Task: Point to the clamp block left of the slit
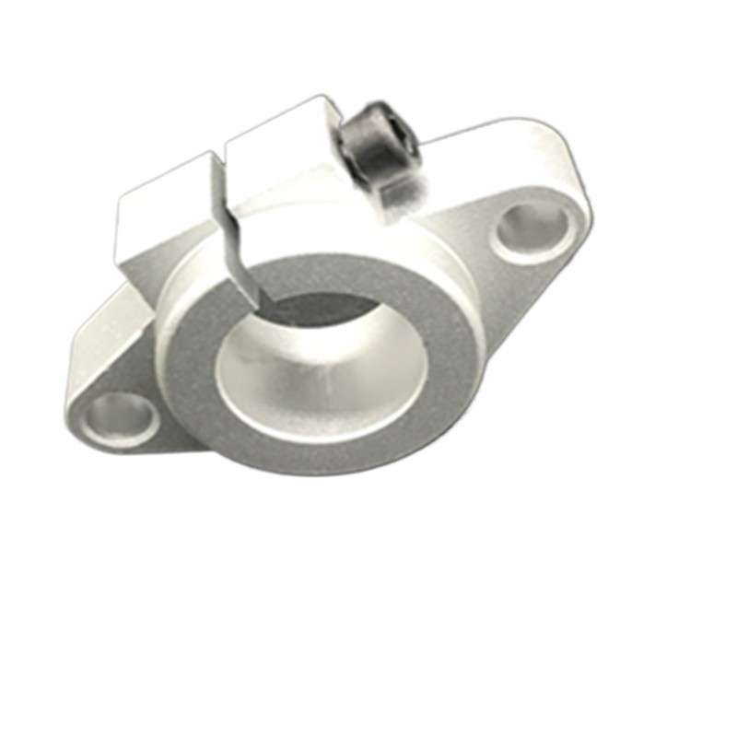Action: point(166,221)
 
